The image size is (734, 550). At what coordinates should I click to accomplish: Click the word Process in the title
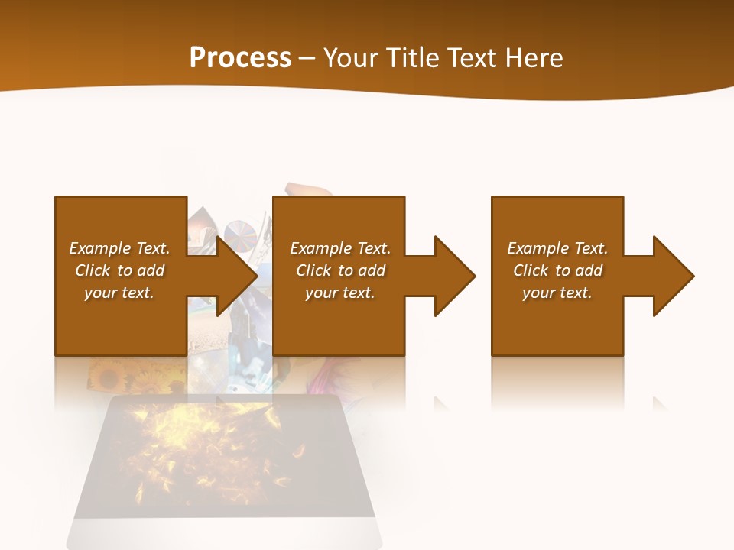[240, 58]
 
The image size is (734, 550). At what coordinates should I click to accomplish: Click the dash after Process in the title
[307, 59]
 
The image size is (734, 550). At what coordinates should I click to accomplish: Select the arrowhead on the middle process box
[453, 276]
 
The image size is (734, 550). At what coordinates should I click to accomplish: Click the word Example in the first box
[99, 248]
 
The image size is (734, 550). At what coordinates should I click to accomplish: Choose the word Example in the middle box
[320, 248]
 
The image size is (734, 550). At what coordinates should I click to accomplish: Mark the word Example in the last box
[538, 248]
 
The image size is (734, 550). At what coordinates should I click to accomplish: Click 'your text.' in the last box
[557, 293]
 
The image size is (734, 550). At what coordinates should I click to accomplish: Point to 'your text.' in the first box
[119, 293]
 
